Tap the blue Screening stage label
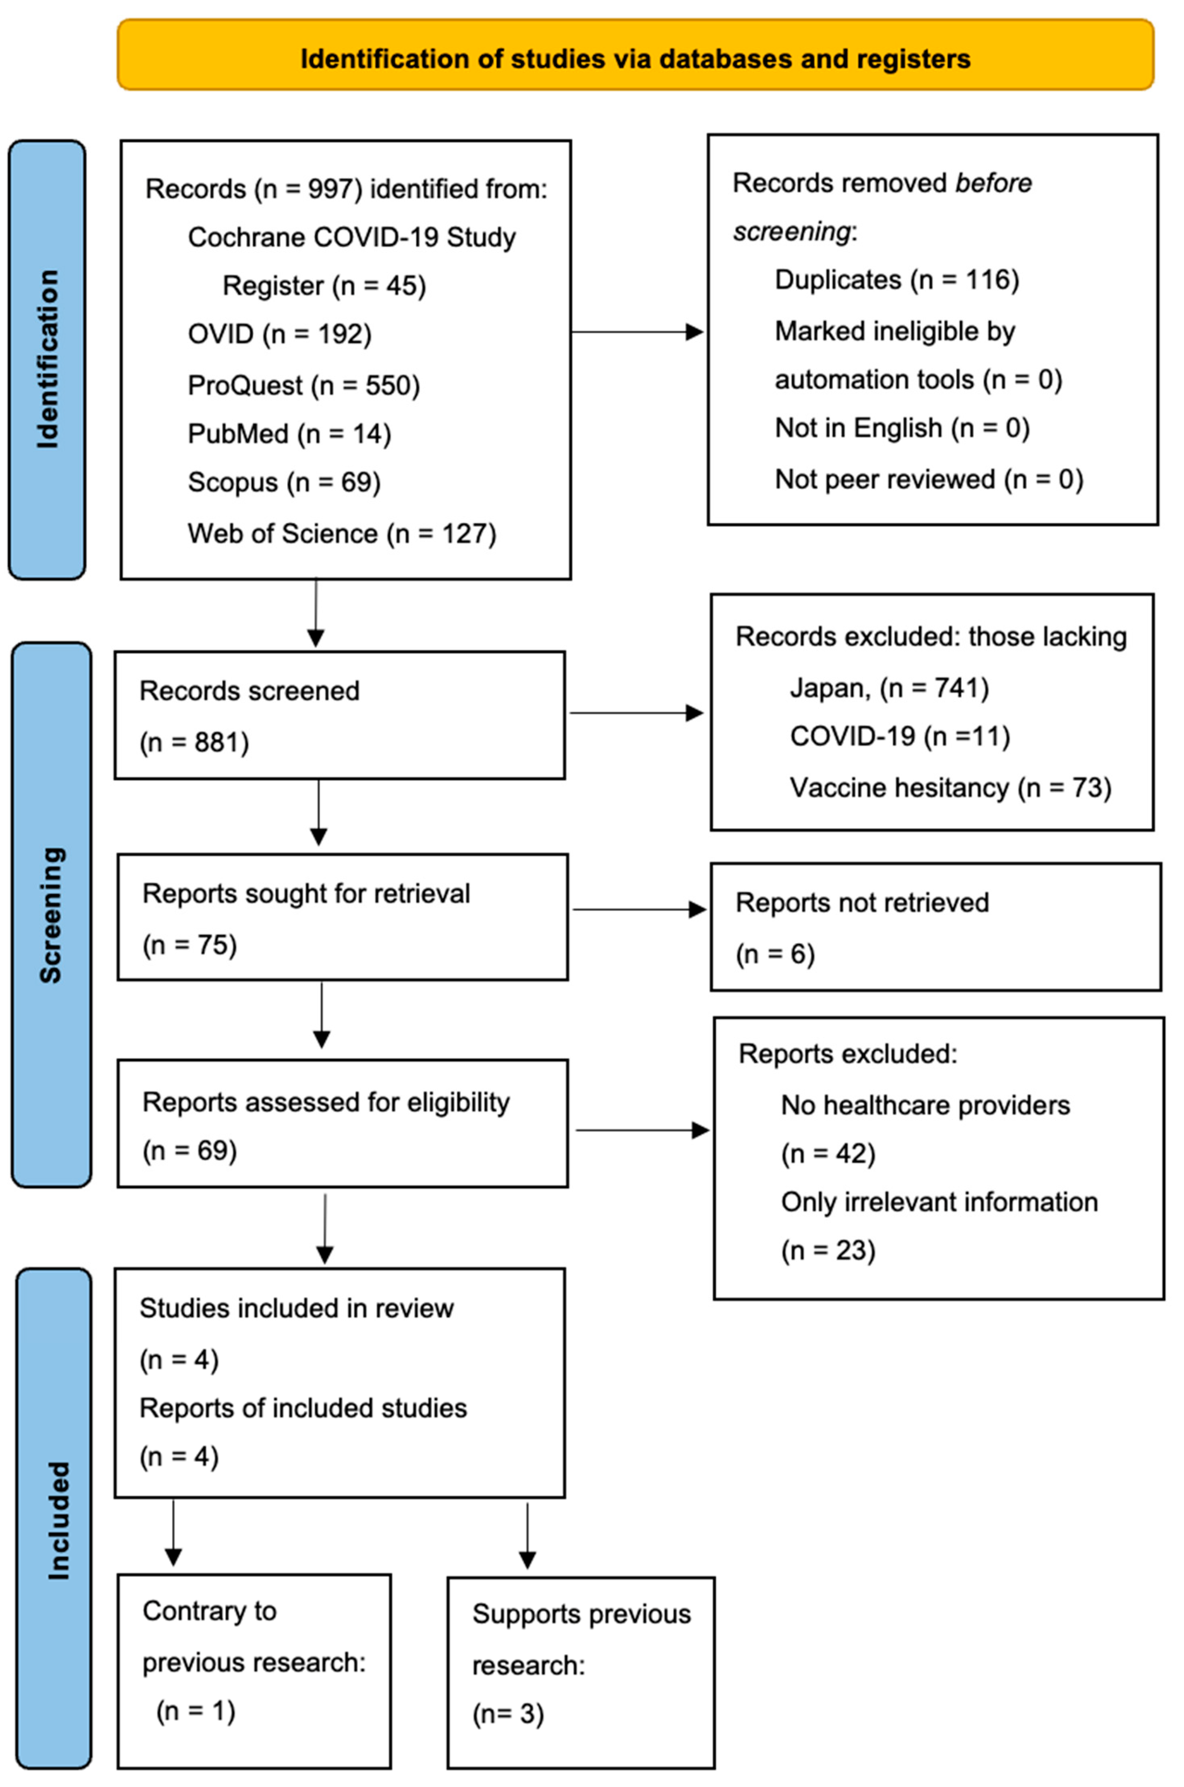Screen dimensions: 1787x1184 coord(50,914)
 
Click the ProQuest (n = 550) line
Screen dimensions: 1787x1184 coord(303,386)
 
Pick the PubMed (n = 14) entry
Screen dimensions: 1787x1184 coord(289,434)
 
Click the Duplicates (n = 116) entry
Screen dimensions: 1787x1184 coord(896,280)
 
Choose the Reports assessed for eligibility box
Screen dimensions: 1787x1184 coord(342,1124)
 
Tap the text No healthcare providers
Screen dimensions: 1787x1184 coord(925,1105)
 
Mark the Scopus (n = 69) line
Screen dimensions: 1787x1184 coord(284,482)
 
